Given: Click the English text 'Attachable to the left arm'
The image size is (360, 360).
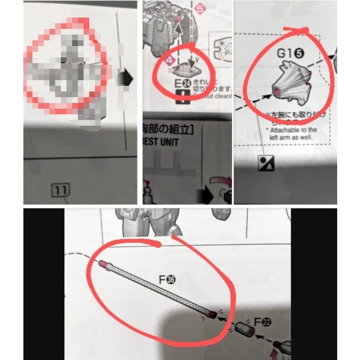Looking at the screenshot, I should click(291, 134).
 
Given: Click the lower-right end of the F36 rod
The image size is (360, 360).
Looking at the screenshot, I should click(211, 314).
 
